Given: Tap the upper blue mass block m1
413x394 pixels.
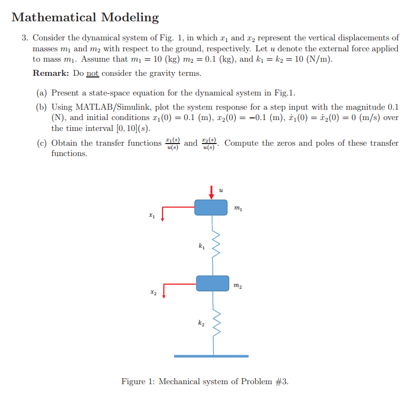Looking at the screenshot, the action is (211, 207).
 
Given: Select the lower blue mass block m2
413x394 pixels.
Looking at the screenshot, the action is (212, 283).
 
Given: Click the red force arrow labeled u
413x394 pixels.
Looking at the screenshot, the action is (212, 192).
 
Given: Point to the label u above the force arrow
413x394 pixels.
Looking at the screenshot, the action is (220, 190).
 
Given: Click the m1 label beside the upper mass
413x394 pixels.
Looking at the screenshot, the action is (237, 207).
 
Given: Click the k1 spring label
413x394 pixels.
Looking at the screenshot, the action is (202, 247).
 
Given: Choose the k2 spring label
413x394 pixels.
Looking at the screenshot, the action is (202, 324).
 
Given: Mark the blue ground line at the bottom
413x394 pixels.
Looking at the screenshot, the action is (211, 356).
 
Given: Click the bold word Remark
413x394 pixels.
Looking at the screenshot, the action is (51, 73).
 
